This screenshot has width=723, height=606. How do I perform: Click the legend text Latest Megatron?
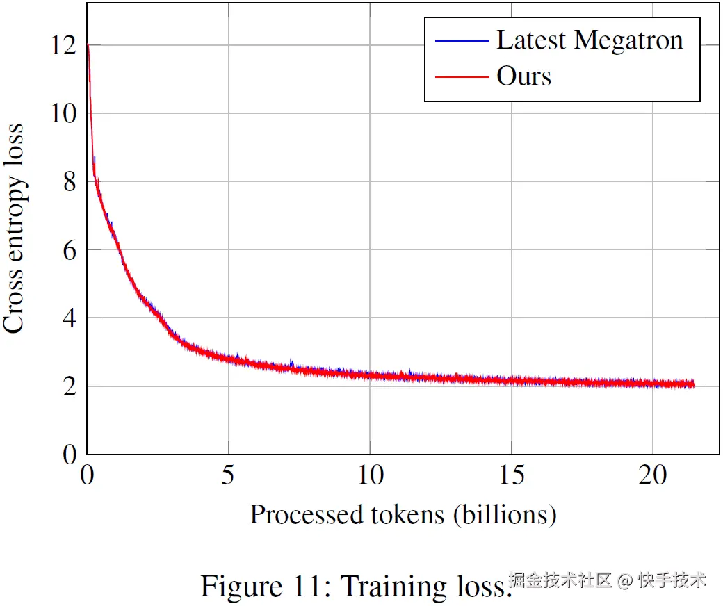click(590, 40)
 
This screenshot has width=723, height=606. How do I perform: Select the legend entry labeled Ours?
click(523, 76)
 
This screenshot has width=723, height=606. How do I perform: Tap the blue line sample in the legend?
click(462, 41)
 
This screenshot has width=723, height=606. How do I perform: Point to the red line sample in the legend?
click(462, 76)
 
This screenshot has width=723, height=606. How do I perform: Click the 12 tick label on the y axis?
click(63, 46)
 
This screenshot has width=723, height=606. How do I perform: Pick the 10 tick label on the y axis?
click(63, 113)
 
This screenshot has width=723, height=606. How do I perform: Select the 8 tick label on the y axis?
click(69, 181)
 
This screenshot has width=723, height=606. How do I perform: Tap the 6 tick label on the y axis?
click(69, 249)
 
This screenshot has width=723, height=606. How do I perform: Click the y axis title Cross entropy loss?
click(14, 229)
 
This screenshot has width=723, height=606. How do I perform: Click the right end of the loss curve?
click(693, 384)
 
